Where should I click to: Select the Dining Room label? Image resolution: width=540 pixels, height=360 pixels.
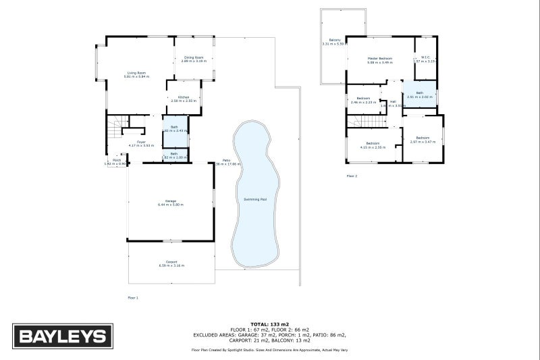pos(194,58)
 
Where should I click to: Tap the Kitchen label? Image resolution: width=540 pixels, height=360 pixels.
pos(183,97)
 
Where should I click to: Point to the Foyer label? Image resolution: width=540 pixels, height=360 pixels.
pos(141,142)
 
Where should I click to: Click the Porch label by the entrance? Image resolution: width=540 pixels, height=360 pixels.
pos(116,160)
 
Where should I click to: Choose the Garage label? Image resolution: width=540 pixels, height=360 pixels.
pos(171,201)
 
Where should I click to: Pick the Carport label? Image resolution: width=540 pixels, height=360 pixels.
pos(171,262)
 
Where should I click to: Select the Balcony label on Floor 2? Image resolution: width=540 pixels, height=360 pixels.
pos(335,41)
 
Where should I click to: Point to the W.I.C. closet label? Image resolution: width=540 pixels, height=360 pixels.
pos(425,57)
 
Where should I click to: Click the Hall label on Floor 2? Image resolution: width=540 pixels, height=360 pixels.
pos(392,102)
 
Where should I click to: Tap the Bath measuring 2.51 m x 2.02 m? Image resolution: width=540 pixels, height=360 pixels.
pos(419,93)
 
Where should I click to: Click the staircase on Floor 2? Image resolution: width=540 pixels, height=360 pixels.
pos(368,121)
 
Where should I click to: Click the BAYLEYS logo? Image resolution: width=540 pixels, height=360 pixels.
pos(61,336)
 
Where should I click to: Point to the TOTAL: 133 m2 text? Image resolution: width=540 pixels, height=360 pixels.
pos(270,325)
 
